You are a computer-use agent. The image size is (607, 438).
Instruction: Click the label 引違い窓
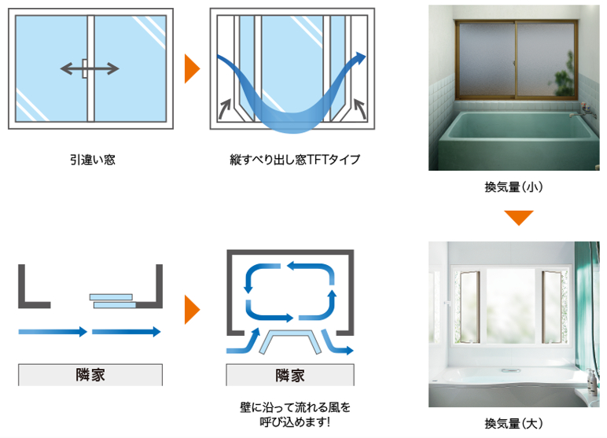pos(91,160)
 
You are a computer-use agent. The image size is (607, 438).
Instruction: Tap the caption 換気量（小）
pos(514,187)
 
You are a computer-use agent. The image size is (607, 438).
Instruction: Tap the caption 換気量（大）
pos(514,424)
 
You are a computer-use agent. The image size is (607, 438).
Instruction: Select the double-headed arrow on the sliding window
pos(90,68)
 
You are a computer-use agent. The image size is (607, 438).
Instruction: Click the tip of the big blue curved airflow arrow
pos(362,57)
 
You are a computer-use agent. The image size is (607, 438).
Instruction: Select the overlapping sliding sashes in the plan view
pos(113,300)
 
